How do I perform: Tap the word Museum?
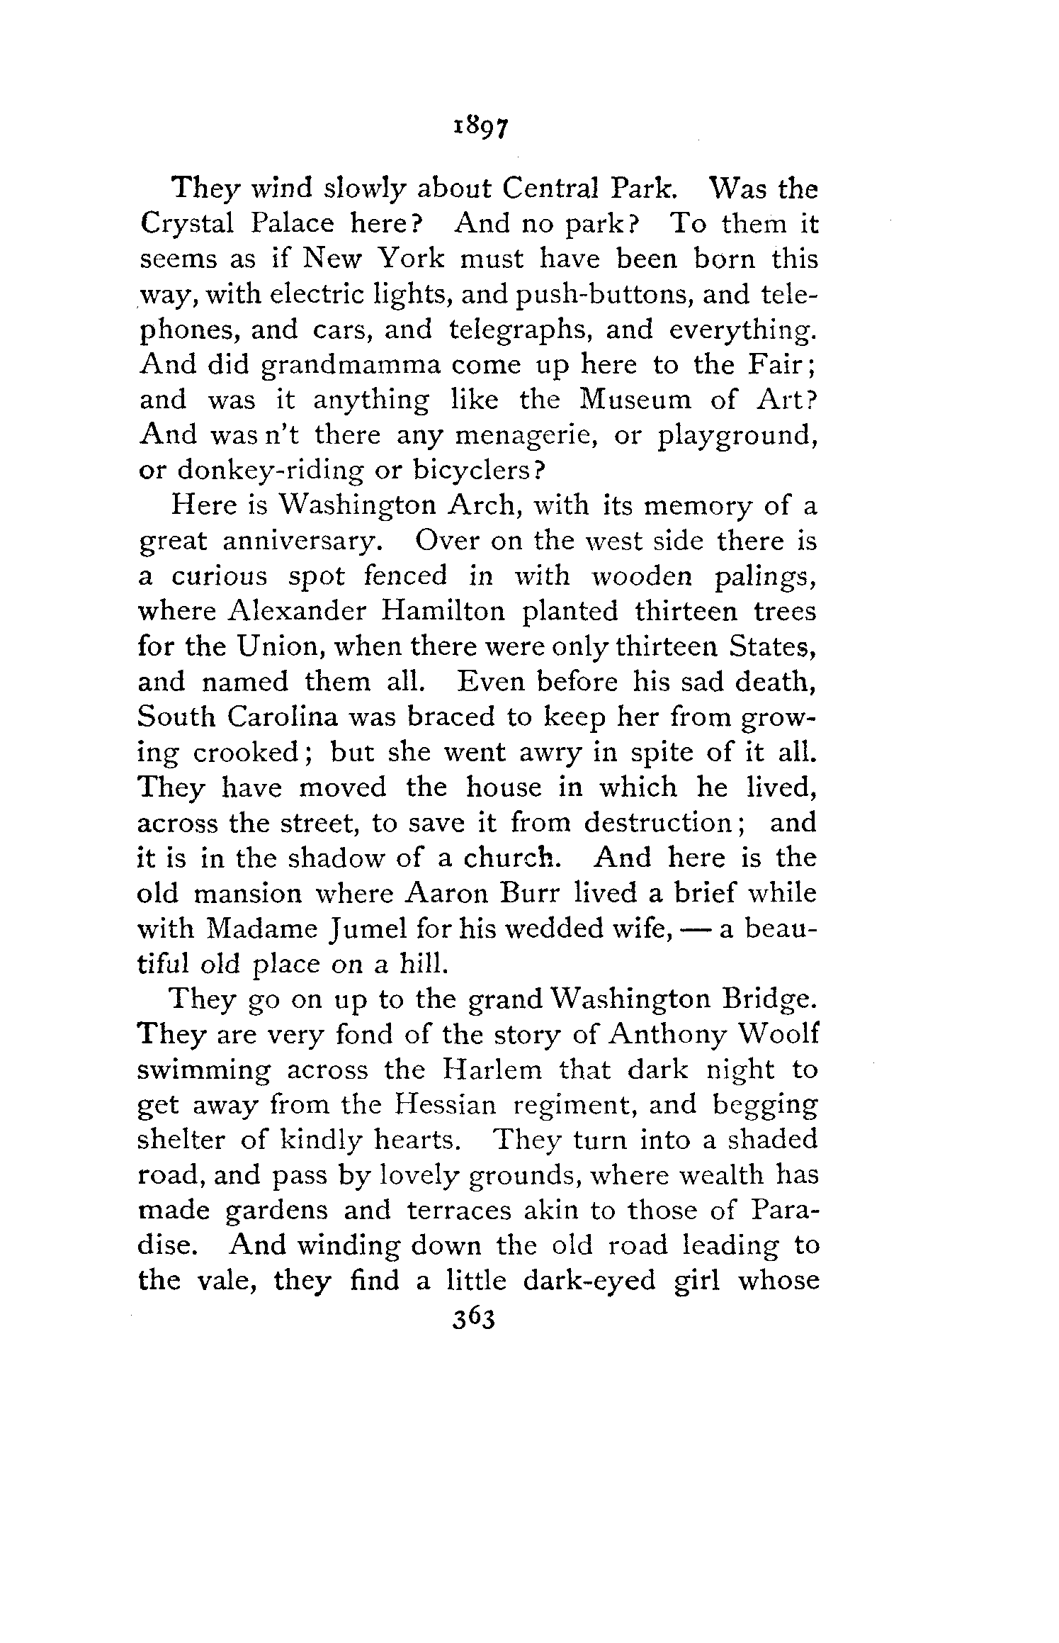[635, 400]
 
